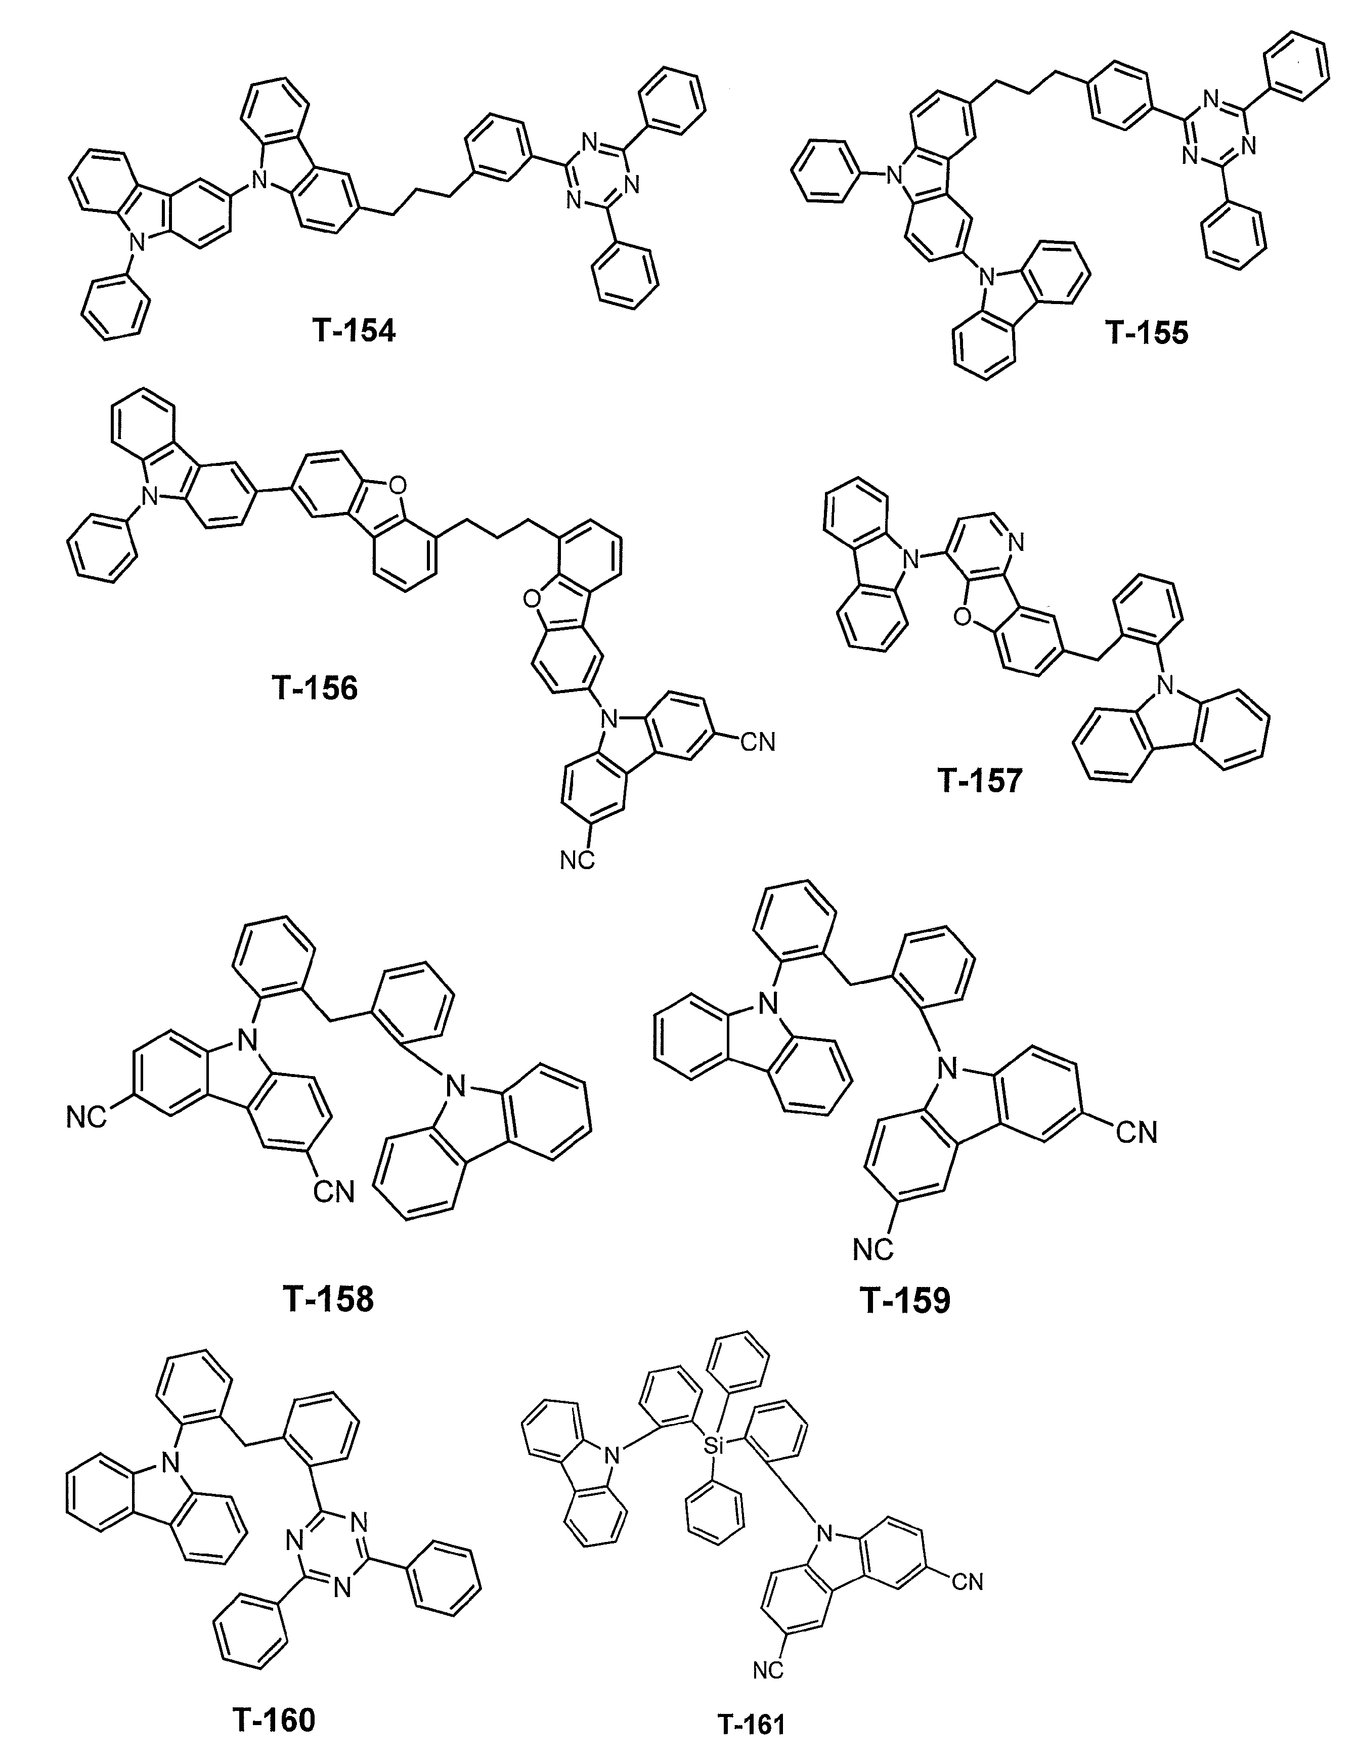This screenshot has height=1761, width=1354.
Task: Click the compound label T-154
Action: [x=354, y=330]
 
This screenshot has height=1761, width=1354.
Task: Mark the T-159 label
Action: [x=906, y=1300]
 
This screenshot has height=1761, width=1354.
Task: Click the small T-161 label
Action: [x=751, y=1674]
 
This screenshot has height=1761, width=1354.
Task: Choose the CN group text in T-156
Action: [x=758, y=742]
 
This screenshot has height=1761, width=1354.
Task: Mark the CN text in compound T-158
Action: [x=334, y=1192]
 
